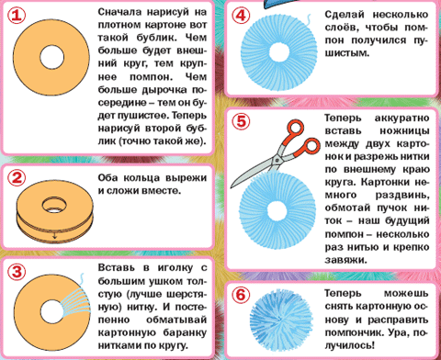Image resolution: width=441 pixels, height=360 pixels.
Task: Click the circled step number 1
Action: coord(17,16)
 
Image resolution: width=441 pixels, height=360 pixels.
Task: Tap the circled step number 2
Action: coord(17,178)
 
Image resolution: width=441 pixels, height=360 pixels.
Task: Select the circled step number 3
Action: coord(17,272)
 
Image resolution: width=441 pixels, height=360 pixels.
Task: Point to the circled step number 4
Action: coord(241,16)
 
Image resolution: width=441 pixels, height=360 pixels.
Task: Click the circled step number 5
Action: coord(241,121)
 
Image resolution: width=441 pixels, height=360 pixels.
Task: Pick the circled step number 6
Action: coord(241,295)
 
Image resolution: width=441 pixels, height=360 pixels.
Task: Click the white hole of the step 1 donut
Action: coord(51,57)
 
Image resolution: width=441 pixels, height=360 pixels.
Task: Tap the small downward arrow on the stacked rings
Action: coord(54,235)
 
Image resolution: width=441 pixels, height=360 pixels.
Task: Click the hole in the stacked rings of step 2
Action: coord(54,205)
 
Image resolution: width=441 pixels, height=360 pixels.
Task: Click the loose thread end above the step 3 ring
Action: coord(82,279)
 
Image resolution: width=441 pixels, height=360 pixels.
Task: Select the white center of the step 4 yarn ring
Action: coord(278,52)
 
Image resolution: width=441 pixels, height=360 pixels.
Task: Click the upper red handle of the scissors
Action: coord(296,128)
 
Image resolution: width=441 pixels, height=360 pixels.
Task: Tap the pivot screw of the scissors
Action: coord(277,160)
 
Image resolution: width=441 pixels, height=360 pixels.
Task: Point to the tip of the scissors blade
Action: coord(232,186)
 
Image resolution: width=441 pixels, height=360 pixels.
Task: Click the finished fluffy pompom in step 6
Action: coord(281,320)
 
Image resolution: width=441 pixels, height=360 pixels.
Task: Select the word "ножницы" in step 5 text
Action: coord(404,131)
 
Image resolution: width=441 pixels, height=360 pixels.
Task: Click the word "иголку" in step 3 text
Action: coord(175,268)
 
